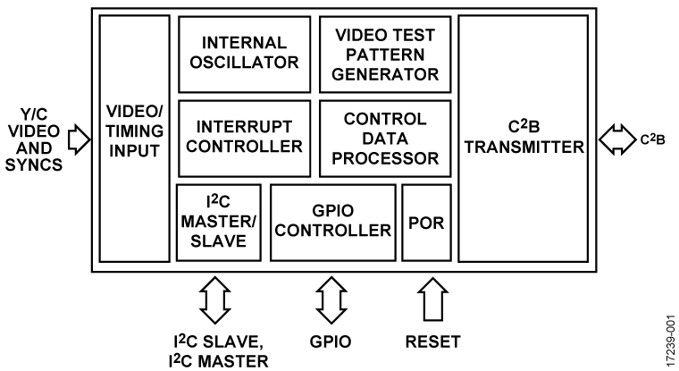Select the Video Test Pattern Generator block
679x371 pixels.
[x=384, y=53]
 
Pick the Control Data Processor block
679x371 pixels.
[x=384, y=138]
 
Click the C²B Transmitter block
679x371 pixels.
[x=522, y=138]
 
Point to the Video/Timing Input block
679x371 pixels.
[x=134, y=138]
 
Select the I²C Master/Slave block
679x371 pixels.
[x=218, y=222]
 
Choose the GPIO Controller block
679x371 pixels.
[x=333, y=222]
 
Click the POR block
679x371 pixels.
[x=425, y=222]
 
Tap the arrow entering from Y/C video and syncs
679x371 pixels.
[x=79, y=138]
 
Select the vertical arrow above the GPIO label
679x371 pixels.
[x=331, y=299]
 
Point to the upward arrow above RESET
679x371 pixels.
[x=431, y=299]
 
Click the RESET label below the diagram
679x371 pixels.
[x=432, y=341]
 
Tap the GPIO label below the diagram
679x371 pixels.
[x=331, y=341]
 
